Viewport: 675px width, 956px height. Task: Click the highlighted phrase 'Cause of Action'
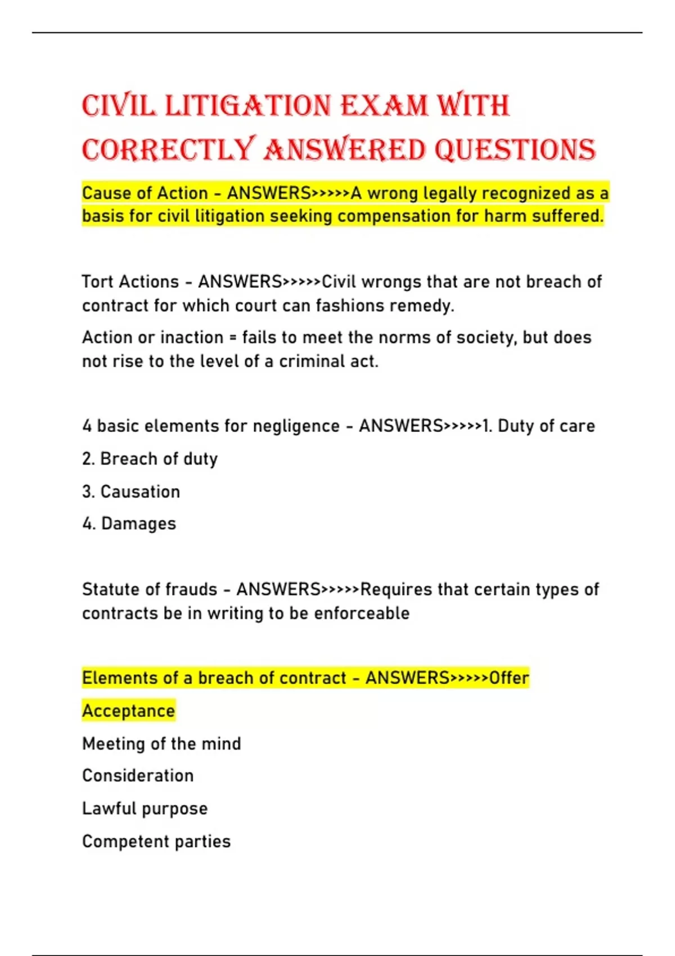[145, 193]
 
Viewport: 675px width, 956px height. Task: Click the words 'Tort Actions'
[130, 282]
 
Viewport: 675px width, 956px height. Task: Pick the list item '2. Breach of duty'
[150, 459]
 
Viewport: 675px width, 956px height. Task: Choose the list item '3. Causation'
[131, 491]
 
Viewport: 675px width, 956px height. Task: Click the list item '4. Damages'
[129, 524]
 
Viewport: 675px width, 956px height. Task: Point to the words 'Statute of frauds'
[150, 589]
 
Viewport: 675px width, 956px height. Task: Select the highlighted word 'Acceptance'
[129, 711]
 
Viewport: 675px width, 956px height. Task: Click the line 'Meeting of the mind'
[161, 743]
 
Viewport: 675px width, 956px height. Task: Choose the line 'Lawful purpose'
[145, 809]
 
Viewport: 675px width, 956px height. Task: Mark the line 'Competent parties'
[156, 841]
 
